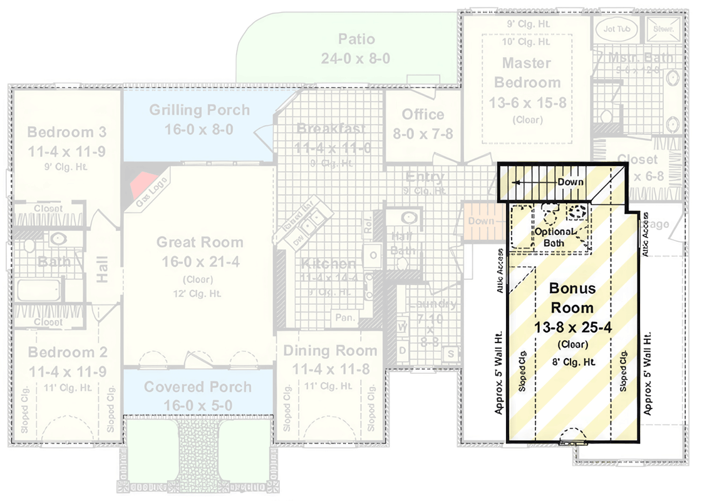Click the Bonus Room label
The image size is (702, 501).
[572, 298]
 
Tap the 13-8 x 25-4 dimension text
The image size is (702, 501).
[572, 327]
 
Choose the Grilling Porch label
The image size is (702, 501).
[199, 111]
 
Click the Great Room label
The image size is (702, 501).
[199, 242]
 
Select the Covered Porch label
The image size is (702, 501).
[198, 387]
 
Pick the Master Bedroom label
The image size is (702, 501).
[527, 73]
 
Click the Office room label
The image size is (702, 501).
[423, 115]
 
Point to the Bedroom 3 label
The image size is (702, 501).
[66, 132]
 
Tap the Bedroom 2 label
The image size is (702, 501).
[67, 352]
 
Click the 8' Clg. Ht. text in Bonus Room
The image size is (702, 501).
[572, 361]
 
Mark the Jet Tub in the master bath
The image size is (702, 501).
[616, 29]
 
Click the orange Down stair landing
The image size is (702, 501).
[481, 221]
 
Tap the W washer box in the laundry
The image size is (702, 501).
[403, 326]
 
